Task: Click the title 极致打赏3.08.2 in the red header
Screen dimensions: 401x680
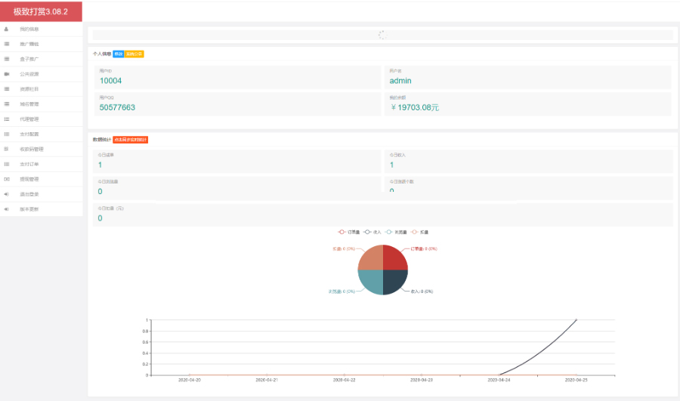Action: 41,11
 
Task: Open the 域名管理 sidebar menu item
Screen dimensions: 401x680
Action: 29,104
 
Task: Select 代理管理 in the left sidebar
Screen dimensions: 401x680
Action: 29,119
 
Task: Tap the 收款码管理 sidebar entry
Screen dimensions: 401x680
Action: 32,149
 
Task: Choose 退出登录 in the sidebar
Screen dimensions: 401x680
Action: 29,194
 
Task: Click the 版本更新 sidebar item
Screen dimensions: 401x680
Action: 29,208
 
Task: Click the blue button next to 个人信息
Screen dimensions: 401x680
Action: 118,54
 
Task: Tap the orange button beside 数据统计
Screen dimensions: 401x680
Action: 130,140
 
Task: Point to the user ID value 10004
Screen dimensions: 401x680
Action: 110,81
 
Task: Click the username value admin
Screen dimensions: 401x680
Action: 400,81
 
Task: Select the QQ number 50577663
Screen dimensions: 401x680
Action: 117,107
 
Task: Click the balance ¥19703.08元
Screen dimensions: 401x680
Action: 414,107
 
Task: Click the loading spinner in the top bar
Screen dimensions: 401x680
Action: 382,35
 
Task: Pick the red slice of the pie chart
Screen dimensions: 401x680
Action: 394,258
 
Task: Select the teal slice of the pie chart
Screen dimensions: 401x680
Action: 371,281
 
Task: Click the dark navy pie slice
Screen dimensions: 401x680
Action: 394,281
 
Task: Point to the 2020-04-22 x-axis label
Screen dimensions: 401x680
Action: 345,380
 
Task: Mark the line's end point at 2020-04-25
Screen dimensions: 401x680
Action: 577,320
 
